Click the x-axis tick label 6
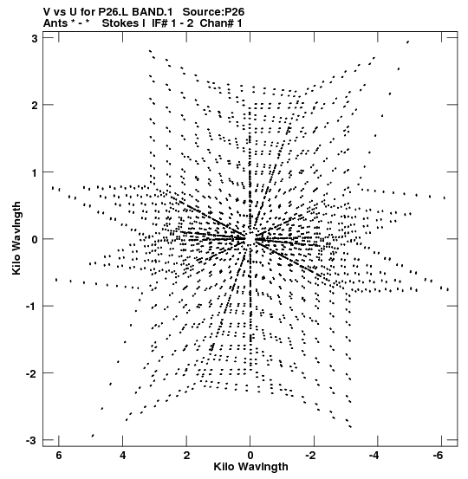(59, 456)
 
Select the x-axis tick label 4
(122, 456)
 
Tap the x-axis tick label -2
(310, 456)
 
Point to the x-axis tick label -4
(374, 456)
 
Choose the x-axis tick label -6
(438, 456)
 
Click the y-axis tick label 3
(35, 39)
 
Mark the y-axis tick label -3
(31, 441)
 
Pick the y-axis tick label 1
(35, 173)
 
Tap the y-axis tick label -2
(31, 373)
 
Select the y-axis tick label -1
(31, 307)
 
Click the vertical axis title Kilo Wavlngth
(16, 238)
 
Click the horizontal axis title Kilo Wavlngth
(250, 467)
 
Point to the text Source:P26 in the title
(213, 11)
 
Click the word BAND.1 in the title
(155, 11)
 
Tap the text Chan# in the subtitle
(217, 23)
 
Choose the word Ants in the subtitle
(55, 23)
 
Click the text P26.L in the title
(116, 11)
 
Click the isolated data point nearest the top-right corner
(407, 42)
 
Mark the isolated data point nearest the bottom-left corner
(93, 436)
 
